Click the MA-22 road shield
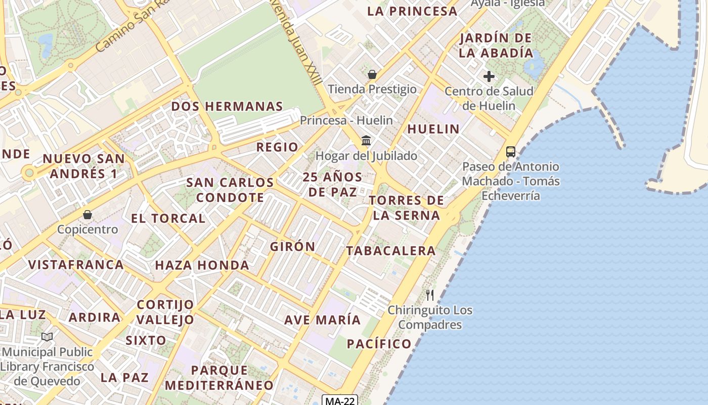click(340, 401)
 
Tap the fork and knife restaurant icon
click(430, 295)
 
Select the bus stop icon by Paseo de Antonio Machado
click(511, 151)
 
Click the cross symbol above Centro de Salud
click(489, 76)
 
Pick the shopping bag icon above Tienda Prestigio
click(372, 74)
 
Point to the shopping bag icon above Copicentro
click(87, 215)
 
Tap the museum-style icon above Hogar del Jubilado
click(366, 140)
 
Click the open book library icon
click(47, 337)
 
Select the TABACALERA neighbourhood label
click(390, 251)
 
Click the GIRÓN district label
click(292, 247)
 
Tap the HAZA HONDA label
click(202, 265)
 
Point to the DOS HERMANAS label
click(227, 106)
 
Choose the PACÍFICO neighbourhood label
click(379, 344)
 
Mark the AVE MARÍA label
click(322, 320)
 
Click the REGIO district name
click(277, 147)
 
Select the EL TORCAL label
click(168, 219)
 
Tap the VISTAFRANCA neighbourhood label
click(76, 264)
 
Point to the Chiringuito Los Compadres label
click(430, 317)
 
